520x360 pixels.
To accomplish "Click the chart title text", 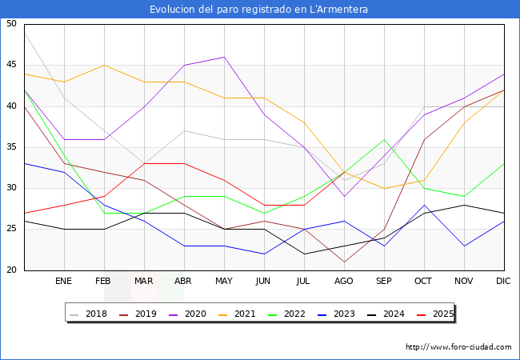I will click(x=259, y=9).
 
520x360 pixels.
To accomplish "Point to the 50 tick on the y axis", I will click(x=11, y=24).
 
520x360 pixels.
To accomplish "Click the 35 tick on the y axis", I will click(x=11, y=147).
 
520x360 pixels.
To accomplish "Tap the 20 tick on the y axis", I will click(x=11, y=270).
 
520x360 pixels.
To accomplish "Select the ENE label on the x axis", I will click(x=65, y=282).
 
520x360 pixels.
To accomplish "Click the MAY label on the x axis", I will click(x=224, y=282).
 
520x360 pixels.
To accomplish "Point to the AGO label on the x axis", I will click(x=344, y=282).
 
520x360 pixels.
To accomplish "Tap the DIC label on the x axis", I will click(x=503, y=282).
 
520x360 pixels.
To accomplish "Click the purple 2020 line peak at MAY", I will click(x=224, y=57).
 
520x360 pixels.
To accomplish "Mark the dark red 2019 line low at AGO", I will click(x=344, y=262).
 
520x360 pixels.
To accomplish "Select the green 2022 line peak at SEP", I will click(x=384, y=139).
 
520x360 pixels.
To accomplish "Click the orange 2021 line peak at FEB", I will click(x=105, y=65).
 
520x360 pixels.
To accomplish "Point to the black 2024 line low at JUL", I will click(x=304, y=254).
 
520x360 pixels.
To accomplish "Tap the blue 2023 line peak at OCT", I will click(x=424, y=205).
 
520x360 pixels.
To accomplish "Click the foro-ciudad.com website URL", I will click(x=458, y=347).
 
